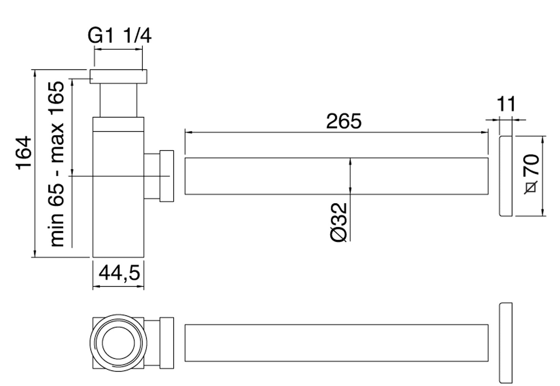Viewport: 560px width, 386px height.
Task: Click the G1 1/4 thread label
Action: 119,36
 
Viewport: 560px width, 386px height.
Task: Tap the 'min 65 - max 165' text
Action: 57,164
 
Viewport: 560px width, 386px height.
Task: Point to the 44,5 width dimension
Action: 119,273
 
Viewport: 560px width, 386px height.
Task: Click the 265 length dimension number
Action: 344,121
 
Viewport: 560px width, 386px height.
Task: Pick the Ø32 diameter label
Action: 339,222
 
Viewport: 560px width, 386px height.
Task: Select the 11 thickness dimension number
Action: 506,104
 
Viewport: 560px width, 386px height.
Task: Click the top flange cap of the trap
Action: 118,76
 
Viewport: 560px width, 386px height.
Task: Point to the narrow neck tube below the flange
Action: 118,100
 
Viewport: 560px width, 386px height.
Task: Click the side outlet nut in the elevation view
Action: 167,176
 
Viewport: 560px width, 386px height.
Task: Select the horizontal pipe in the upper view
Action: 336,176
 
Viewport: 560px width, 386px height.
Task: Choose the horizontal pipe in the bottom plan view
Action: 336,343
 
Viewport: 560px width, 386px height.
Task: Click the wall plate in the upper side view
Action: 506,176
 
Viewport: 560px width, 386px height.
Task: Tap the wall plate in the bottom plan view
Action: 506,343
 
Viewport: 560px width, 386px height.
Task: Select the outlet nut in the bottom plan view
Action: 167,343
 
